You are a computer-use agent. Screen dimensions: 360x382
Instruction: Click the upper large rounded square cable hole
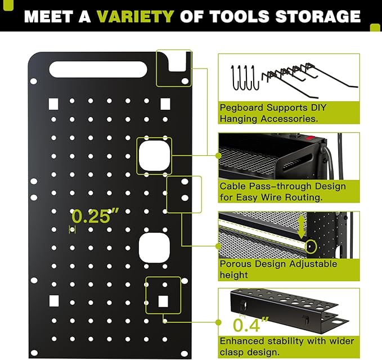pyautogui.click(x=154, y=155)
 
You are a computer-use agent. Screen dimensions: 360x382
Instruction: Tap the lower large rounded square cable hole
pyautogui.click(x=154, y=248)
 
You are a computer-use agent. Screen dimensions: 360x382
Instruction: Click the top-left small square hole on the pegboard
pyautogui.click(x=53, y=103)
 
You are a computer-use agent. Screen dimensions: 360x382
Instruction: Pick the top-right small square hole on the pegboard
pyautogui.click(x=165, y=103)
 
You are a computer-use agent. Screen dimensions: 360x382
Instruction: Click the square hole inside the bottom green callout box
pyautogui.click(x=163, y=300)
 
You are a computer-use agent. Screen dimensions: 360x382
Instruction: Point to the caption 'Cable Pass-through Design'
pyautogui.click(x=282, y=186)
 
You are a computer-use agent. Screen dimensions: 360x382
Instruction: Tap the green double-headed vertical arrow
pyautogui.click(x=302, y=226)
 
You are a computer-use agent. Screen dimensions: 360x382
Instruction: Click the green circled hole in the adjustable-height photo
pyautogui.click(x=310, y=246)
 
